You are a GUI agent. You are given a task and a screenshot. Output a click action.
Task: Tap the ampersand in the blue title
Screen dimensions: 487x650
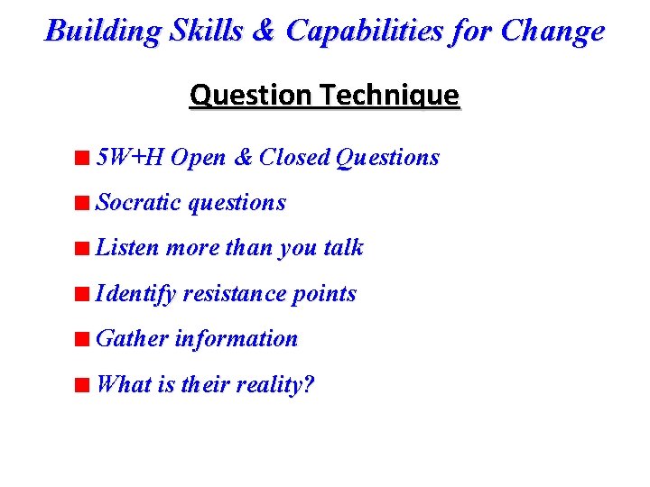(x=262, y=32)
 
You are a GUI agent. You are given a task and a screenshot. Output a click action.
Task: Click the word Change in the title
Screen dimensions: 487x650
(x=552, y=32)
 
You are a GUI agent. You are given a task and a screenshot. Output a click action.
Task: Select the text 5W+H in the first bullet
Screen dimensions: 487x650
(x=130, y=158)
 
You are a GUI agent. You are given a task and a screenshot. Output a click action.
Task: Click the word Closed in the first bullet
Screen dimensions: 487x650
(x=294, y=158)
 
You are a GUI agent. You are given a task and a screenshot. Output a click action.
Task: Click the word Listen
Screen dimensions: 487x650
(x=127, y=248)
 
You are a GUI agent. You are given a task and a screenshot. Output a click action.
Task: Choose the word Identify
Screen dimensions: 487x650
(x=135, y=294)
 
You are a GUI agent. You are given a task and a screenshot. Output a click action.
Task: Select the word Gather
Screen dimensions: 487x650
(x=132, y=339)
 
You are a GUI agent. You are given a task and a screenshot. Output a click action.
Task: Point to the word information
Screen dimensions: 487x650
(x=237, y=339)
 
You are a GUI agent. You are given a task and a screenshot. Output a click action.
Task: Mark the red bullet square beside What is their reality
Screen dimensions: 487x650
(x=82, y=385)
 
